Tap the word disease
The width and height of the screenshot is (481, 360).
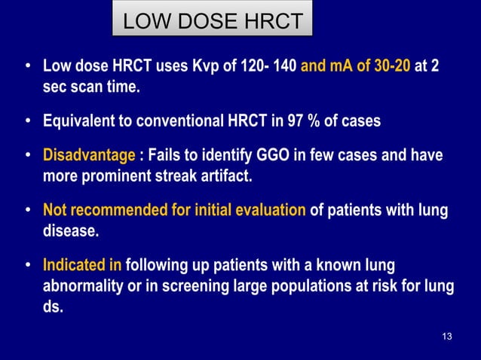coord(70,230)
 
